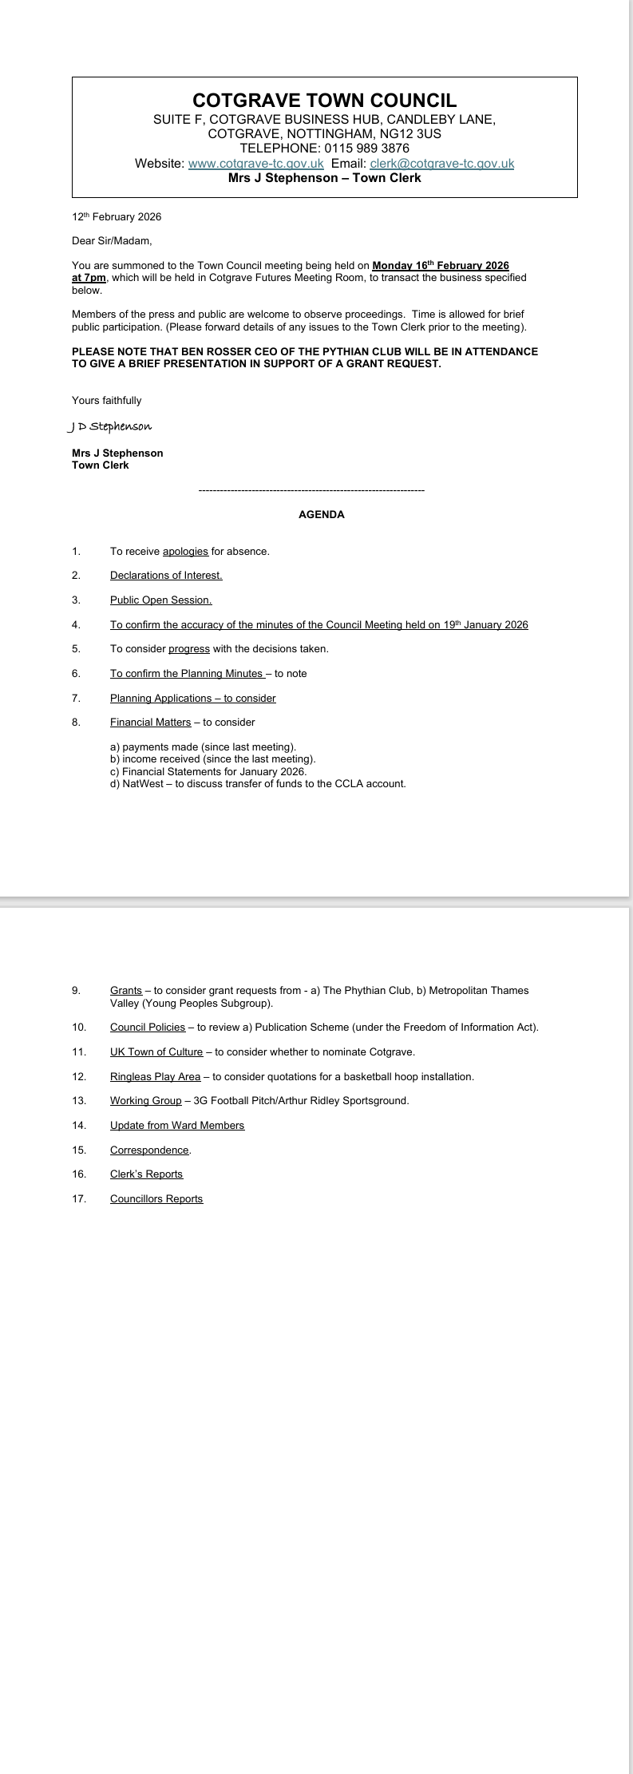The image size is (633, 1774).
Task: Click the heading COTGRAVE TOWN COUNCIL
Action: (324, 101)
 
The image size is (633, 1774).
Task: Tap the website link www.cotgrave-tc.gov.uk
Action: (255, 164)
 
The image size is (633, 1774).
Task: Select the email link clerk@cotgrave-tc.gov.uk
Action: (441, 164)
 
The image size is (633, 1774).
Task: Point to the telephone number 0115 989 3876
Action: (366, 148)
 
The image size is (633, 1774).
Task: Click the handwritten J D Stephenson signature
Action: (110, 426)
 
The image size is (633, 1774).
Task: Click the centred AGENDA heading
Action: (321, 515)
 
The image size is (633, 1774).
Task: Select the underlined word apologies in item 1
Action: (185, 552)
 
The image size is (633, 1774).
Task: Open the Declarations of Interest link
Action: (166, 576)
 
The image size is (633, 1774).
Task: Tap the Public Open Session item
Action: (160, 600)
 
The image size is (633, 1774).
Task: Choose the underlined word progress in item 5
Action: (188, 649)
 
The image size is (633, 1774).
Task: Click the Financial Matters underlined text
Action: (150, 723)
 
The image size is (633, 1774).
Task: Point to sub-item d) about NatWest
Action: (258, 784)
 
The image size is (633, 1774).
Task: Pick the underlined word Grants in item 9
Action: (126, 991)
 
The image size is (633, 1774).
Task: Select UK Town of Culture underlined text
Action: (156, 1052)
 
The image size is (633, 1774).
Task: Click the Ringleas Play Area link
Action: (155, 1077)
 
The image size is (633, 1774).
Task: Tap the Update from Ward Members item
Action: (177, 1126)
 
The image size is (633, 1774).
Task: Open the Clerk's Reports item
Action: (146, 1174)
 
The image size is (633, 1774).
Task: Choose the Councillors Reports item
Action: (156, 1199)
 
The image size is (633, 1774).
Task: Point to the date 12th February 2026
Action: (117, 217)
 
